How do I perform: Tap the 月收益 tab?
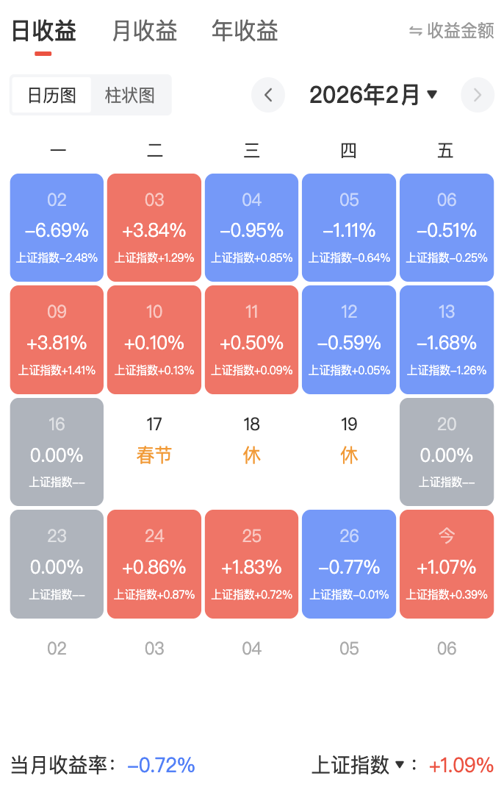pos(145,32)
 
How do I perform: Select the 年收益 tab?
pos(245,32)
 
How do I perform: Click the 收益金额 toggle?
pos(452,31)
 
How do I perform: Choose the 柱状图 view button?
pos(130,96)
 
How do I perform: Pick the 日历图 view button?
pos(51,96)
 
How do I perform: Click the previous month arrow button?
pos(268,95)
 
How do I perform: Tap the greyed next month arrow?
pos(478,95)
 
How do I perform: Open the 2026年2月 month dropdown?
pos(373,95)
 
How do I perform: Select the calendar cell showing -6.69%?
pos(57,227)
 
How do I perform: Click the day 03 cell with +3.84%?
pos(154,227)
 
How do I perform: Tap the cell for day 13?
pos(447,339)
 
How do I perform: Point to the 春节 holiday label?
pos(154,455)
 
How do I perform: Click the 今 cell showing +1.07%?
pos(447,564)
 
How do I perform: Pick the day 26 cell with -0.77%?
pos(349,564)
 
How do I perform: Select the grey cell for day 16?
pos(57,452)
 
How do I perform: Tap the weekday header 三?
pos(252,152)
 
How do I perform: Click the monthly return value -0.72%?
pos(162,765)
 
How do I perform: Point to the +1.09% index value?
pos(461,765)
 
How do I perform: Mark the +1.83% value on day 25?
pos(252,567)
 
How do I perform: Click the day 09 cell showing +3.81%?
pos(57,339)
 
